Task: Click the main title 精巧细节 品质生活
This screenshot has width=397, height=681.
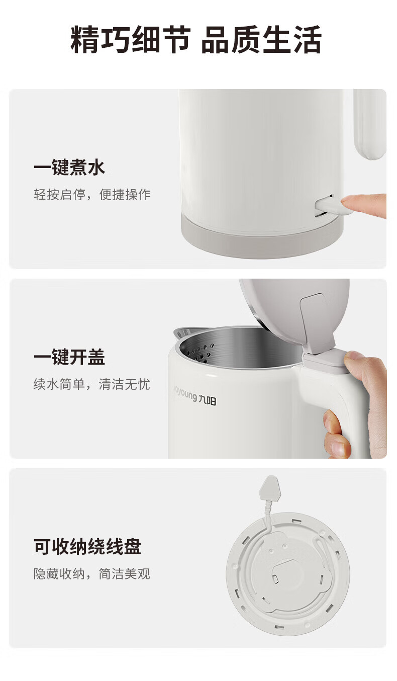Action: coord(196,40)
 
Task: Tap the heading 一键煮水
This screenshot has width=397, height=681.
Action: coord(69,167)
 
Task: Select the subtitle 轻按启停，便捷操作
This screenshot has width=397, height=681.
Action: coord(92,194)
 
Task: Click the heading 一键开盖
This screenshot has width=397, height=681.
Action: coord(69,357)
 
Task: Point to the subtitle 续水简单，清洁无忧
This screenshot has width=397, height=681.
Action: coord(92,384)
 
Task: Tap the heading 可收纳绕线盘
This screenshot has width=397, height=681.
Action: coord(87,546)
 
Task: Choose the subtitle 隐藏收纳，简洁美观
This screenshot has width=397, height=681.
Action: coord(92,574)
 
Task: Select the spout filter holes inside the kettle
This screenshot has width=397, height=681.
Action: coord(201,353)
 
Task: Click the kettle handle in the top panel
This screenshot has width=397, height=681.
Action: coord(369,124)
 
